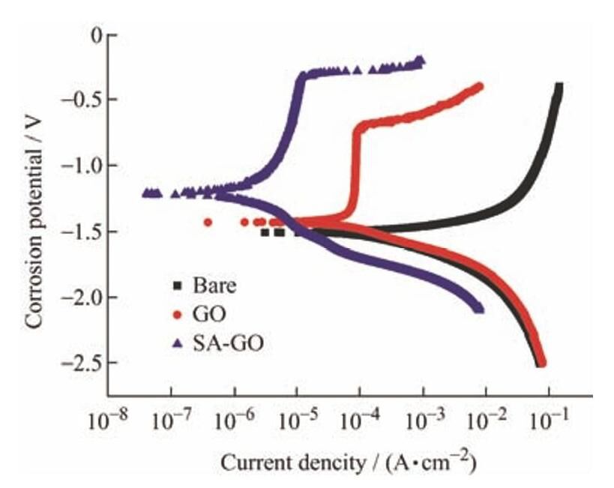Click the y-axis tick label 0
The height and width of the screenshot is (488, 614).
tap(94, 34)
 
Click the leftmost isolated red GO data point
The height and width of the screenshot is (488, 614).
tap(208, 222)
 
